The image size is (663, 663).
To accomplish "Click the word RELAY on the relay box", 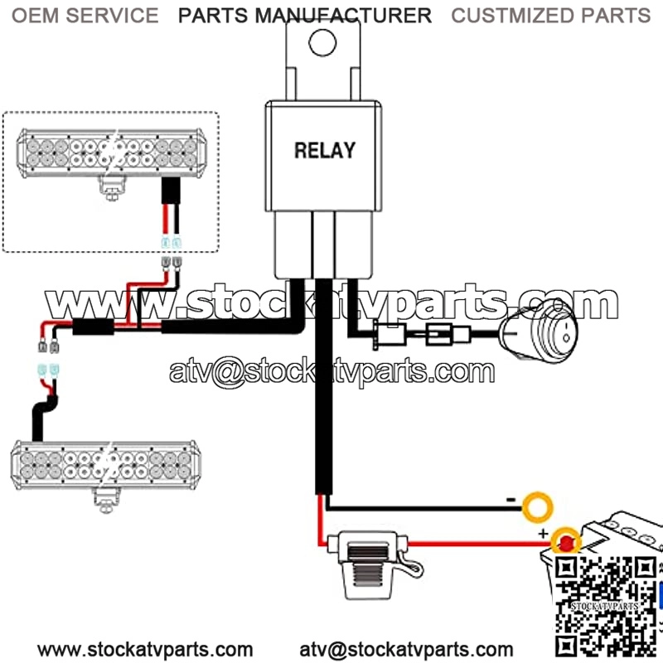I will (x=325, y=150).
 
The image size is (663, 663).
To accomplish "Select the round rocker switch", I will (x=540, y=332).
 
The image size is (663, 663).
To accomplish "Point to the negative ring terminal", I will (x=540, y=503).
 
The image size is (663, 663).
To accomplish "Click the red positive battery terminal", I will (x=567, y=543).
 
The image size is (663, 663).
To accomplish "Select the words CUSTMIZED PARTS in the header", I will (x=550, y=15).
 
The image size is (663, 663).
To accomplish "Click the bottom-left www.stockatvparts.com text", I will (x=145, y=649).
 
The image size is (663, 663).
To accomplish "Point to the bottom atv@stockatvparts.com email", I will (x=406, y=649).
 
